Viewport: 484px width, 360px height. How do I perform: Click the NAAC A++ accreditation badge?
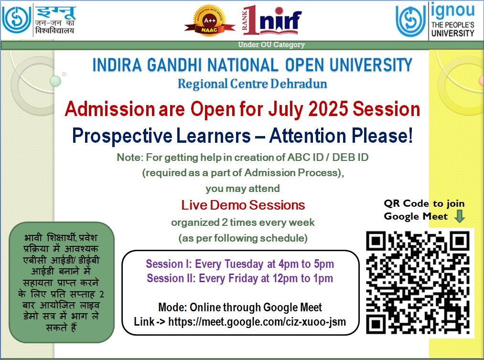point(210,21)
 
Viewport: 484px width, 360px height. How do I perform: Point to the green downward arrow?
point(460,216)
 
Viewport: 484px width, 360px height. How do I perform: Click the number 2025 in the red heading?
point(328,109)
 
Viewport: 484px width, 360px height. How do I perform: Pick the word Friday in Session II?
point(243,278)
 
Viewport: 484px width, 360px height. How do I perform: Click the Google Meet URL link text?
point(257,322)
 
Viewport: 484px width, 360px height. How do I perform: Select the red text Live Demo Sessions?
point(243,205)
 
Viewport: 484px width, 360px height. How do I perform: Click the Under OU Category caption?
point(271,45)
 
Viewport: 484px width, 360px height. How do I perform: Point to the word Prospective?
point(122,136)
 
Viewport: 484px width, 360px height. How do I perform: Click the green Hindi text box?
point(62,282)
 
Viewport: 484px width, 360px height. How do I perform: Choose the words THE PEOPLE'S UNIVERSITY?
point(452,29)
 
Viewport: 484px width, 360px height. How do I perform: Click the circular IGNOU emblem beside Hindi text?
point(16,20)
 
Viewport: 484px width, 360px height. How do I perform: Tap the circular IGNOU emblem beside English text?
point(410,21)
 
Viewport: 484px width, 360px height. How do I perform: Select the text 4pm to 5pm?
point(306,264)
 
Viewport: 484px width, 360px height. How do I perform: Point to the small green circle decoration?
point(55,82)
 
